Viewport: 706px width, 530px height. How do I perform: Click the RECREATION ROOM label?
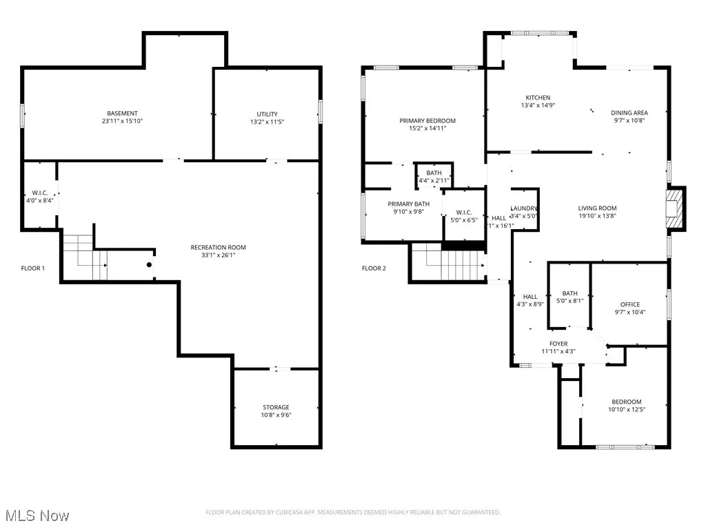point(218,247)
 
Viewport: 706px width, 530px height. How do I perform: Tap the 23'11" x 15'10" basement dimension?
point(122,121)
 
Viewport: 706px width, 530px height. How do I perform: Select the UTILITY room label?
point(267,114)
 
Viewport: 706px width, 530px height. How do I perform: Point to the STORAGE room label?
point(276,407)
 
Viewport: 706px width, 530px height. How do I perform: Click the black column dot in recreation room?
point(149,264)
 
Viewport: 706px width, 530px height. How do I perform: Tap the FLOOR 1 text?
point(33,268)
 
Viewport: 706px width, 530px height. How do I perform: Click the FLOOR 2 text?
point(374,268)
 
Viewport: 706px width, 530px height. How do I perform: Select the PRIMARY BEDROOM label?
point(427,121)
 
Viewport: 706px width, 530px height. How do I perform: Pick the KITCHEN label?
point(538,97)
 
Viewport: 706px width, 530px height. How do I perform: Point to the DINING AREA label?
point(629,112)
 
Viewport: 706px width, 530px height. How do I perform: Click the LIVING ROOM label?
point(597,208)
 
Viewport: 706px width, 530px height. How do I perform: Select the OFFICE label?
point(629,304)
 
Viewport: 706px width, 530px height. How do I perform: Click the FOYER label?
point(558,344)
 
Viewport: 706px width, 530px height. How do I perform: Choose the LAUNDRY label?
point(524,208)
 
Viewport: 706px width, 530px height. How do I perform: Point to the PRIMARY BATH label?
point(408,204)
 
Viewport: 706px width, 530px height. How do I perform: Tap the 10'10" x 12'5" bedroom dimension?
point(627,409)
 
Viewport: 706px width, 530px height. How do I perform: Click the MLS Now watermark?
point(32,516)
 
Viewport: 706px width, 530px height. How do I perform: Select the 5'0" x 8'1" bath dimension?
point(569,300)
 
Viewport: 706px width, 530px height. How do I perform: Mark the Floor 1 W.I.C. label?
point(39,193)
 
